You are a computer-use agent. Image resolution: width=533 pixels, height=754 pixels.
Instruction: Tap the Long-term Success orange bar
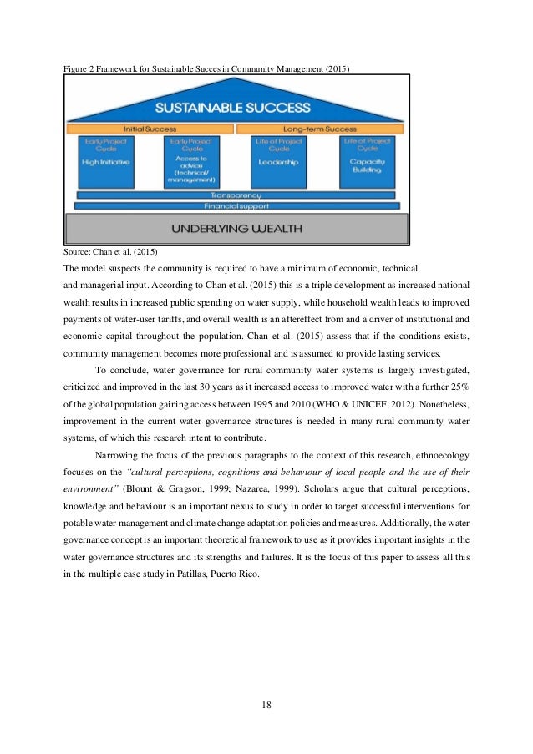point(321,130)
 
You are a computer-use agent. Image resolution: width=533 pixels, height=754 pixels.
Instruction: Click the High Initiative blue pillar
point(106,162)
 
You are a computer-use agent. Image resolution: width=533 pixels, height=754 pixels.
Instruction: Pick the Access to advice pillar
point(190,162)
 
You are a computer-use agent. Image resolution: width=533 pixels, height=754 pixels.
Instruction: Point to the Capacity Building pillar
point(366,162)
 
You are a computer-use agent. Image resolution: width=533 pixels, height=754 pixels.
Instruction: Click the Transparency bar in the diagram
point(237,195)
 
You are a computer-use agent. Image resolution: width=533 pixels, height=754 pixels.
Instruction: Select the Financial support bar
point(237,205)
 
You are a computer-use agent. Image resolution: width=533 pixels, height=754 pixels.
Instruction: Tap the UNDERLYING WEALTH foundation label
point(237,228)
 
